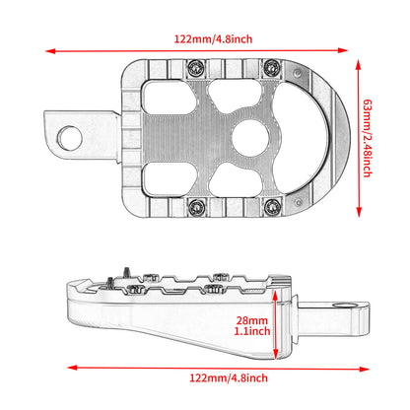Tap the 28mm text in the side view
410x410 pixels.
[251, 321]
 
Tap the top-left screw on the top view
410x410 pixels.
[196, 68]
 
